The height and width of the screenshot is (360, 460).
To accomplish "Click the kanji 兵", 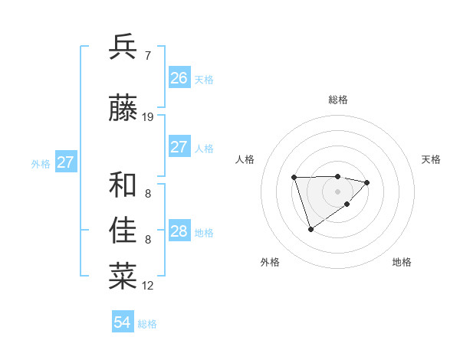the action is pyautogui.click(x=123, y=47).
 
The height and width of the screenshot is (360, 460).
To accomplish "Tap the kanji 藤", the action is pyautogui.click(x=123, y=109).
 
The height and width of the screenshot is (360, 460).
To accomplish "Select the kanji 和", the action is pyautogui.click(x=123, y=185).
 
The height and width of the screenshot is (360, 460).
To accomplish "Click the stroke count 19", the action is pyautogui.click(x=148, y=117).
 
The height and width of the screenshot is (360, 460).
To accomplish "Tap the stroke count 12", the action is pyautogui.click(x=148, y=286).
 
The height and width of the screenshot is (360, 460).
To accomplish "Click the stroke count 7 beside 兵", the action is pyautogui.click(x=147, y=55).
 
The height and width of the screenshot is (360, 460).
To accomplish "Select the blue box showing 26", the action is pyautogui.click(x=179, y=77).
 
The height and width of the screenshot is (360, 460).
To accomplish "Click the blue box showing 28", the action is pyautogui.click(x=179, y=231).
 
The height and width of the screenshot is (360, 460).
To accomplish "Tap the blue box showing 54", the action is pyautogui.click(x=123, y=322).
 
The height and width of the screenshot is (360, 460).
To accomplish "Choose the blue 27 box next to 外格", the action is pyautogui.click(x=66, y=162).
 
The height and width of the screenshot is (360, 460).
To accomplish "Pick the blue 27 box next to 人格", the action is pyautogui.click(x=179, y=147).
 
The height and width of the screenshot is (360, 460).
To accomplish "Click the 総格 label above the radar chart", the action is pyautogui.click(x=338, y=100).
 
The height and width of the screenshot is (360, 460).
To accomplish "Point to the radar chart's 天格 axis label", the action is pyautogui.click(x=432, y=159).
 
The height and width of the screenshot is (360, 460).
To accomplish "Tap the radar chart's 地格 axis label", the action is pyautogui.click(x=402, y=262).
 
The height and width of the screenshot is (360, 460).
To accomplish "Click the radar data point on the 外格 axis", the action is pyautogui.click(x=310, y=229).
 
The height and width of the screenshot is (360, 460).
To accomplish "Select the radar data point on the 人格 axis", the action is pyautogui.click(x=294, y=178).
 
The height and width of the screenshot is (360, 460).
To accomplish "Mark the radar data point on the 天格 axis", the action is pyautogui.click(x=367, y=182).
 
